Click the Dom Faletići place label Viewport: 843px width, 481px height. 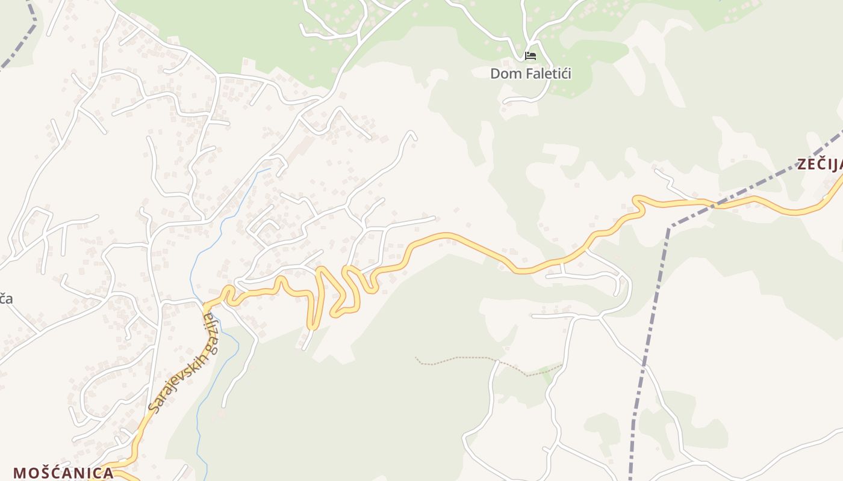(x=530, y=74)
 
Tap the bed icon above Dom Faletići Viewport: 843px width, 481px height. (x=530, y=57)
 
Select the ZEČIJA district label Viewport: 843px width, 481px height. (x=820, y=164)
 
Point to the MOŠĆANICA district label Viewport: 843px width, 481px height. (x=63, y=473)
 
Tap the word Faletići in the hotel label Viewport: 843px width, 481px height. (x=544, y=74)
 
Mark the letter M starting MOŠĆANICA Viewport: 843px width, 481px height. (x=19, y=473)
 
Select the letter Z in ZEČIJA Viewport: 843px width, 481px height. (x=803, y=164)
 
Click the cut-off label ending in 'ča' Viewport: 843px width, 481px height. (x=5, y=298)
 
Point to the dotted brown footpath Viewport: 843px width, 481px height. (x=458, y=359)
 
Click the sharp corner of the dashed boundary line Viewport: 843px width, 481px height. (x=669, y=228)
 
